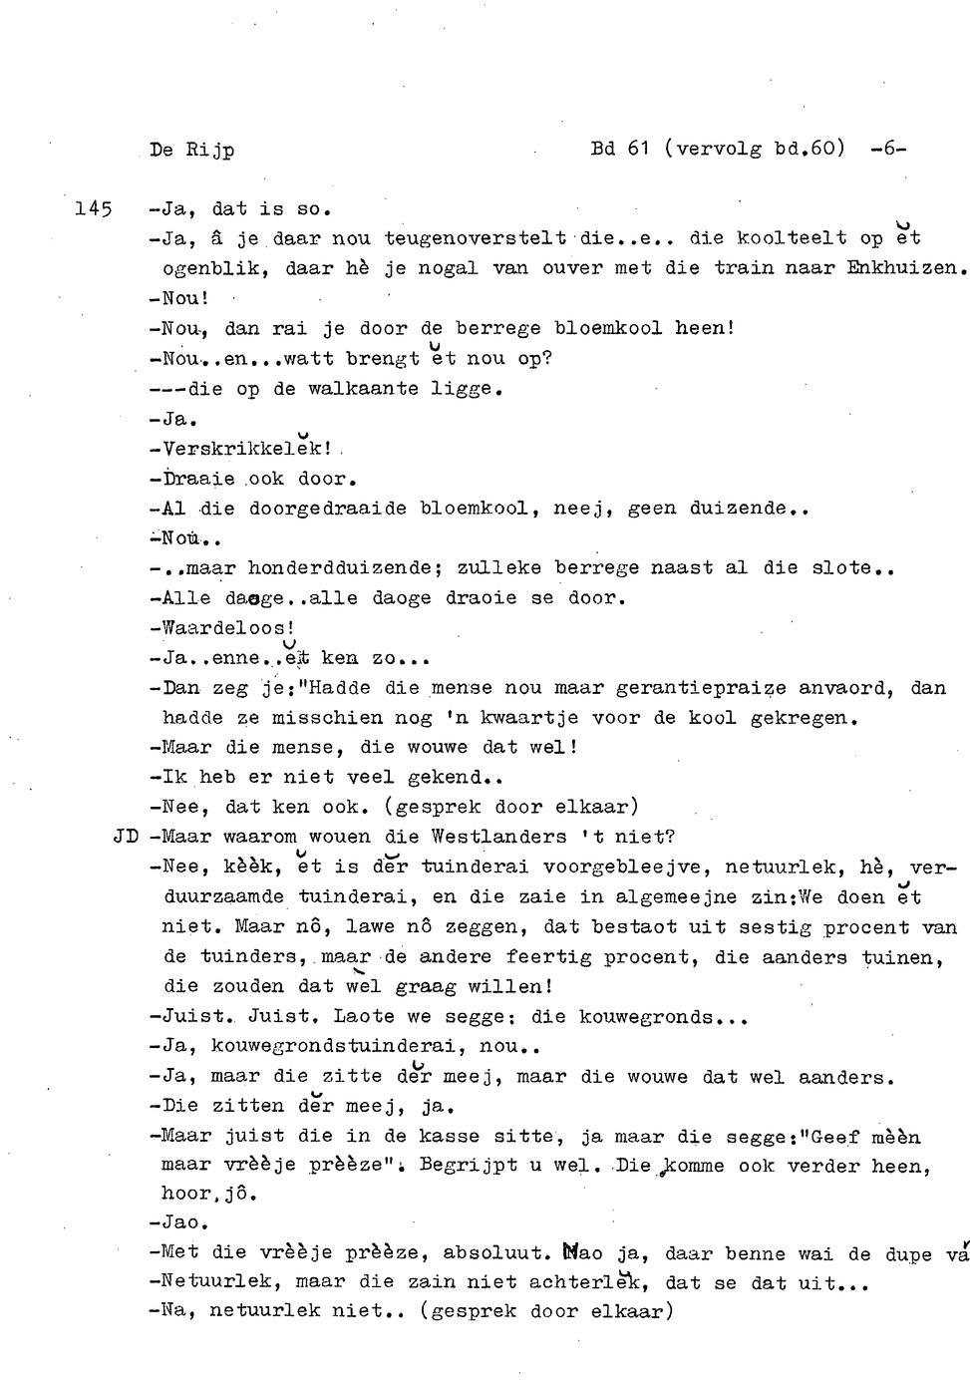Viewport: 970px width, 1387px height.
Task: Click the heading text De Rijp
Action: tap(191, 151)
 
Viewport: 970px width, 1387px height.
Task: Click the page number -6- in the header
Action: tap(887, 149)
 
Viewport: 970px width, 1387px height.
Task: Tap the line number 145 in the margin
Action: tap(94, 208)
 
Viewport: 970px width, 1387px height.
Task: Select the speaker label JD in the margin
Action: tap(126, 837)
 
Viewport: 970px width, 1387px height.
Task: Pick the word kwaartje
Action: tap(529, 718)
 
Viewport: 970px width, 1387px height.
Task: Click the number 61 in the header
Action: tap(638, 149)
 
